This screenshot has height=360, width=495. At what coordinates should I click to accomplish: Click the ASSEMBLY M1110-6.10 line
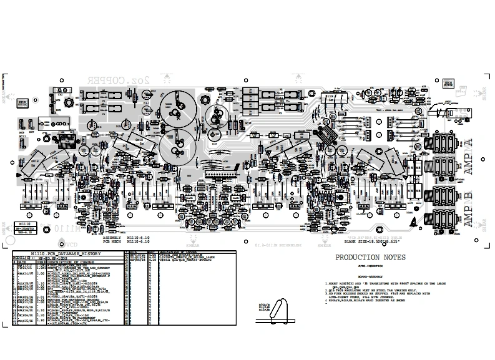(125, 238)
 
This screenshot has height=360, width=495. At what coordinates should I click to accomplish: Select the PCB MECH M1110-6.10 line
(125, 242)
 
